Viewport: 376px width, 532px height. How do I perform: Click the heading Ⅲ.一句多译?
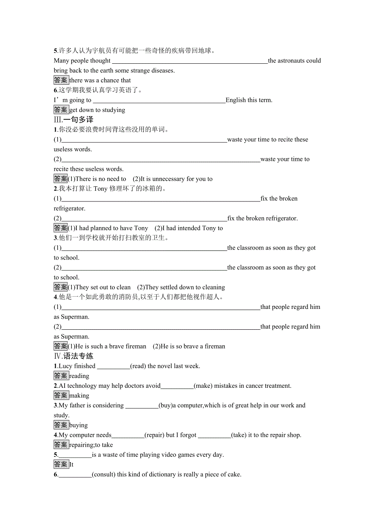[x=74, y=120]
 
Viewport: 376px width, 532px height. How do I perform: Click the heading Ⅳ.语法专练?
[x=74, y=356]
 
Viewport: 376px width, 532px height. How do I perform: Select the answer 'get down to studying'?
[x=97, y=110]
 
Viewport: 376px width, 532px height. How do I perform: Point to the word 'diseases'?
[x=163, y=71]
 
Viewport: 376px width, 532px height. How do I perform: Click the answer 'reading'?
[x=79, y=376]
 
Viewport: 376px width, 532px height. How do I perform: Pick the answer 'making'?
[x=79, y=396]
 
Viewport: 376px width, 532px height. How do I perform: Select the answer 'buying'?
[x=78, y=425]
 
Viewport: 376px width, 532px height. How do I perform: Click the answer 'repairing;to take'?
[x=91, y=445]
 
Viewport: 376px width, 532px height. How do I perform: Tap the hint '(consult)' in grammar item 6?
[x=104, y=475]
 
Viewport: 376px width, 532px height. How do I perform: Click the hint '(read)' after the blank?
[x=138, y=366]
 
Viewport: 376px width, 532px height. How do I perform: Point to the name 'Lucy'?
[x=65, y=366]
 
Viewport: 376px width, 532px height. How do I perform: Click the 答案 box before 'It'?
[x=61, y=465]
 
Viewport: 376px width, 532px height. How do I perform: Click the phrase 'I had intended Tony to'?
[x=189, y=228]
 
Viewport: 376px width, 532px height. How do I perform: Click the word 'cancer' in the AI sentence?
[x=255, y=386]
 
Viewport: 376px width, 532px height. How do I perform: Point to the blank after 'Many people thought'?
[x=190, y=61]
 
